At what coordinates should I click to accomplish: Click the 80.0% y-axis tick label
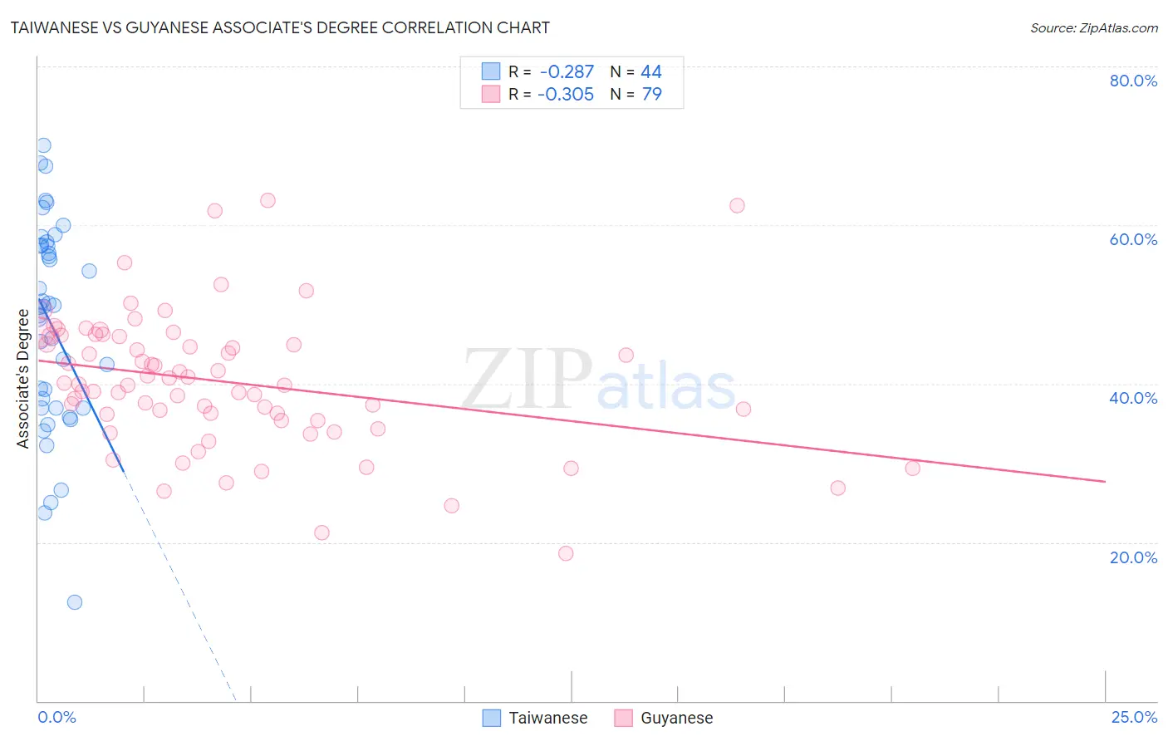point(1133,81)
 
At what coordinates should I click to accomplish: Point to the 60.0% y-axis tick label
point(1133,239)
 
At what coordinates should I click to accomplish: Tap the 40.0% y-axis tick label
point(1133,398)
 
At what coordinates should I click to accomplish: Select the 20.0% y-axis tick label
point(1133,557)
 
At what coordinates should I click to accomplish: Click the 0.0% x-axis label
point(56,718)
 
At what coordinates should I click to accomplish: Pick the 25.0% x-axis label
point(1134,718)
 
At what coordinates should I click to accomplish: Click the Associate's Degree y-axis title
point(23,379)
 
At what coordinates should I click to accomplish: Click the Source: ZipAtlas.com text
point(1093,27)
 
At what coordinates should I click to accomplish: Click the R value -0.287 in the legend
point(567,72)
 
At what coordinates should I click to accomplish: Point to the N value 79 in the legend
point(651,94)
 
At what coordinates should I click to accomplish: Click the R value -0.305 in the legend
point(566,94)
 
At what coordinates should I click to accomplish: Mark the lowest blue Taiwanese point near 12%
point(75,602)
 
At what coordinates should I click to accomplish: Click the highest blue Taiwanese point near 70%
point(43,145)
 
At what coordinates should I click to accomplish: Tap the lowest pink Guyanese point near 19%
point(566,553)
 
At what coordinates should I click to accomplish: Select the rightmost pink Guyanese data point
point(912,468)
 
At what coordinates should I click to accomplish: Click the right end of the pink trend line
point(1105,482)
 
